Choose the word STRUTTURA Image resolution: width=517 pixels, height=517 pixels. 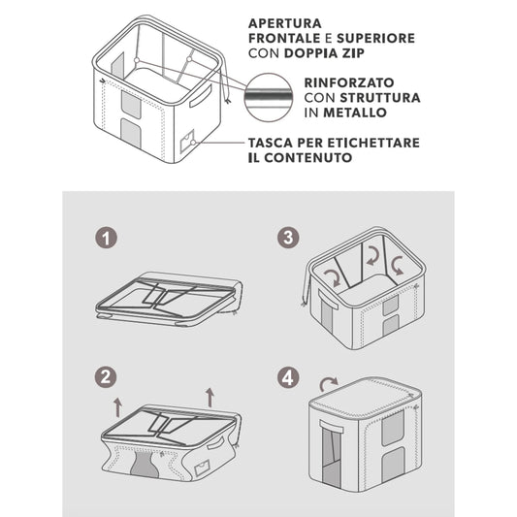tap(383, 98)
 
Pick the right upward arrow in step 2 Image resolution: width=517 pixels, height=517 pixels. tap(210, 396)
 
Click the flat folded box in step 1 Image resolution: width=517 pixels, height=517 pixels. tap(170, 299)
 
